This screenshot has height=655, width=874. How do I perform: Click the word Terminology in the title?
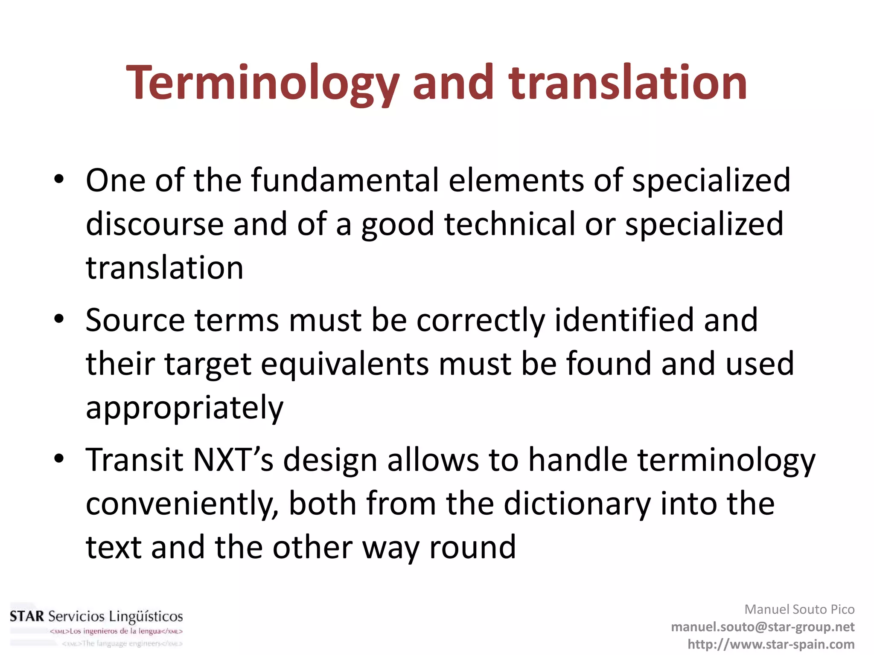(263, 83)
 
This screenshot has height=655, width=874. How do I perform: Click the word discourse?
(154, 224)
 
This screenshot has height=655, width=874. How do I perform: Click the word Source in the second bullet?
(135, 320)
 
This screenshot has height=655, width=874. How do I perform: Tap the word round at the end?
(472, 548)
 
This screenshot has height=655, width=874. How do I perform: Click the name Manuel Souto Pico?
(799, 609)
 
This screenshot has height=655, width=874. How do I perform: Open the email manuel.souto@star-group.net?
(763, 627)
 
